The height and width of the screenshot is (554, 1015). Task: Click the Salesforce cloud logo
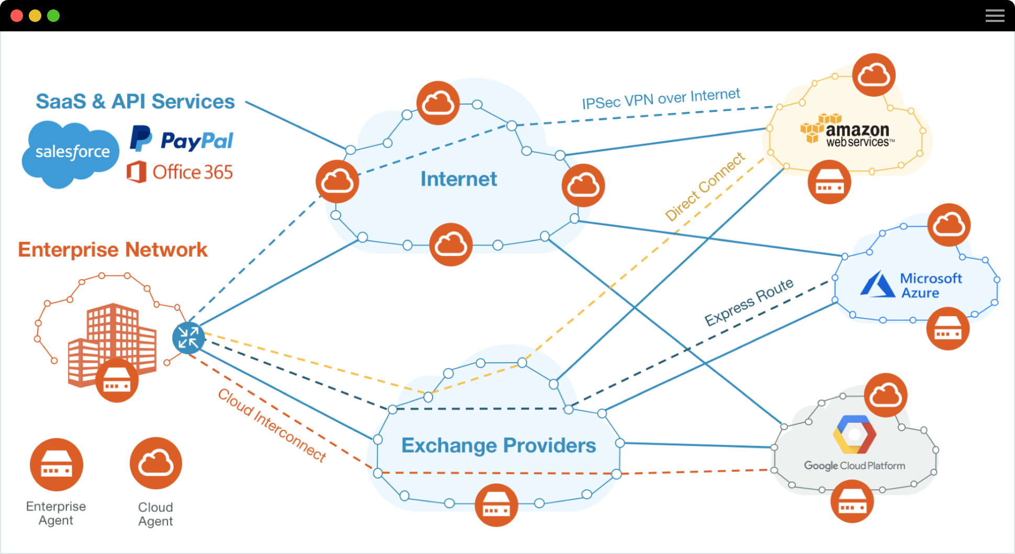coord(71,152)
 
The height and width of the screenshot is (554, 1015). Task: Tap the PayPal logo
coord(181,140)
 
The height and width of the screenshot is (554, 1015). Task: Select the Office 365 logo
coord(179,172)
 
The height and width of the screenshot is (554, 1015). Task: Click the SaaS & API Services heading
coord(135,101)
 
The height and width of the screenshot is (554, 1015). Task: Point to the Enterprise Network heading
coord(112,250)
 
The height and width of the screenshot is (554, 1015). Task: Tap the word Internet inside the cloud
coord(458,179)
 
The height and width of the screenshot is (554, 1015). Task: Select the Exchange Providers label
coord(498,445)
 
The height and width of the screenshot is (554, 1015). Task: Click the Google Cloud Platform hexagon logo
coord(854,434)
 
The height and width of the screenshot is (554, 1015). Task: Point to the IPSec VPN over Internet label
coord(661,98)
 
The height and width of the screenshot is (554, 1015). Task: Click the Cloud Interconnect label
coord(272,425)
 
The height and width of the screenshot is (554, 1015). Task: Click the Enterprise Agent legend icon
coord(57,465)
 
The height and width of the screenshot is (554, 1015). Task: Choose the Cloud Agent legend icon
coord(156,464)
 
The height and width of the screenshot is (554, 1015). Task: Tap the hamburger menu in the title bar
coord(995,16)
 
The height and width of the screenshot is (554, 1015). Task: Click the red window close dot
coord(17,16)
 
